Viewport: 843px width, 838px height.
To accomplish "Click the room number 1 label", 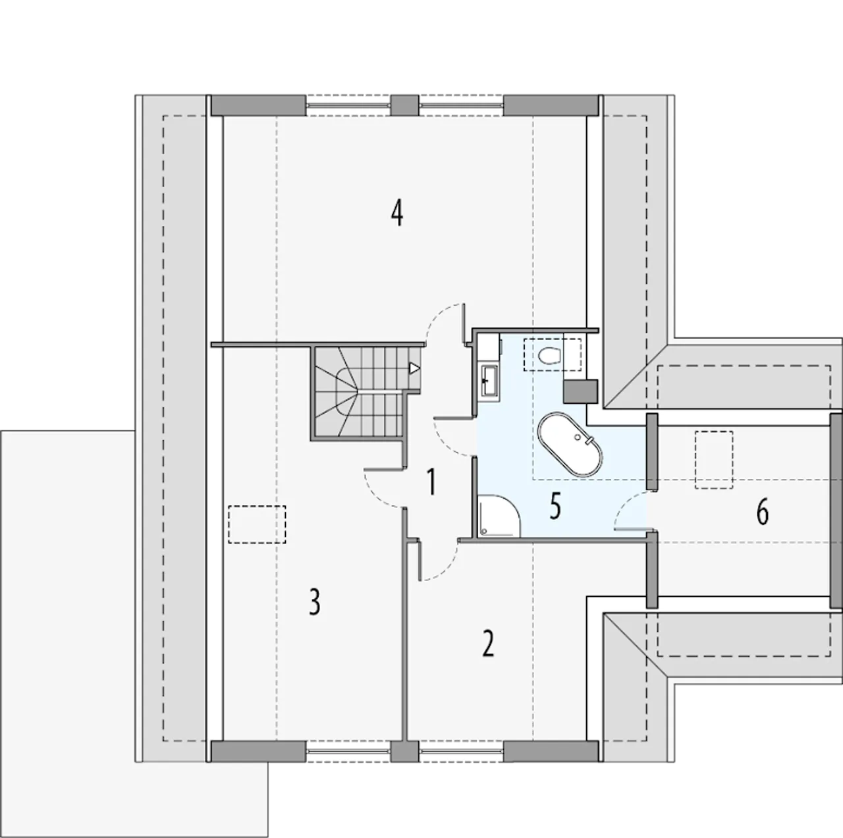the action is pyautogui.click(x=431, y=482).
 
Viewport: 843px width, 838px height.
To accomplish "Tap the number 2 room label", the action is pyautogui.click(x=488, y=643).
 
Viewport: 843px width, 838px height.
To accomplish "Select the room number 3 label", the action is pyautogui.click(x=315, y=602).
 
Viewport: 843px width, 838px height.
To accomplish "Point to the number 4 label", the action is pyautogui.click(x=396, y=213).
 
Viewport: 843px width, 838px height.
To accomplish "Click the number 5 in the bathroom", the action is pyautogui.click(x=555, y=506).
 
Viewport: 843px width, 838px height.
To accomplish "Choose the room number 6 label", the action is pyautogui.click(x=762, y=512).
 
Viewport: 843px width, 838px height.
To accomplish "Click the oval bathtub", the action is pyautogui.click(x=570, y=443).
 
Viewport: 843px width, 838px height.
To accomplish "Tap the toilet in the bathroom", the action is pyautogui.click(x=549, y=356).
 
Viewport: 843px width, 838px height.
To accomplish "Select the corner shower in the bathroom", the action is pyautogui.click(x=499, y=516).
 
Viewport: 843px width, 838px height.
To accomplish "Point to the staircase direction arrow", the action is pyautogui.click(x=414, y=368).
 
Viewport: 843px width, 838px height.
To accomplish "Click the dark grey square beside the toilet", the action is pyautogui.click(x=580, y=391).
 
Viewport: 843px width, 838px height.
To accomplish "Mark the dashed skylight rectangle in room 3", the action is pyautogui.click(x=257, y=525).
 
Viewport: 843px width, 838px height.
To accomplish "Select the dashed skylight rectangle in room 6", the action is pyautogui.click(x=714, y=460).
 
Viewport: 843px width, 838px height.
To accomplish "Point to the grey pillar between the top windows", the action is pyautogui.click(x=404, y=105).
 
